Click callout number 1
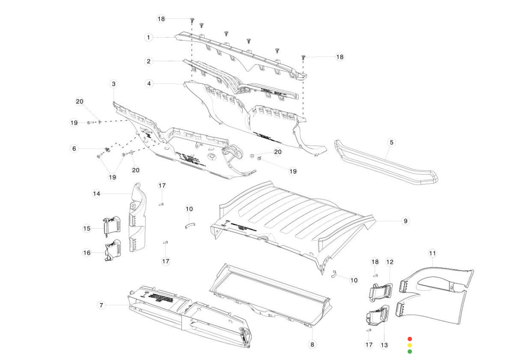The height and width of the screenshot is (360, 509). pyautogui.click(x=148, y=37)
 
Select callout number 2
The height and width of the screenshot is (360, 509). pyautogui.click(x=148, y=61)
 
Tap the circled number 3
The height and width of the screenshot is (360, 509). pyautogui.click(x=114, y=84)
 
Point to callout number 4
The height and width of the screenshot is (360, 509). pyautogui.click(x=149, y=83)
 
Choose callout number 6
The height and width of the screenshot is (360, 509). pyautogui.click(x=74, y=148)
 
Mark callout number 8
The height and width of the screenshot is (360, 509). pyautogui.click(x=312, y=344)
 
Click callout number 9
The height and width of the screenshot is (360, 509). pyautogui.click(x=406, y=221)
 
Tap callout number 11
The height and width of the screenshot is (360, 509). pyautogui.click(x=433, y=254)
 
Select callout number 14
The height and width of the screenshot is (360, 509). pyautogui.click(x=97, y=194)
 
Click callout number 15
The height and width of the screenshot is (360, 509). pyautogui.click(x=87, y=228)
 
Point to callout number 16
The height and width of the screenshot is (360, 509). pyautogui.click(x=87, y=253)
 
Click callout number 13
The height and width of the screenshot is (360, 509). pyautogui.click(x=385, y=345)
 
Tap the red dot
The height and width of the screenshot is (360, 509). pyautogui.click(x=410, y=339)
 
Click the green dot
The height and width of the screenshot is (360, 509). pyautogui.click(x=410, y=351)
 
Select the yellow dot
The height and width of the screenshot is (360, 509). pyautogui.click(x=410, y=345)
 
